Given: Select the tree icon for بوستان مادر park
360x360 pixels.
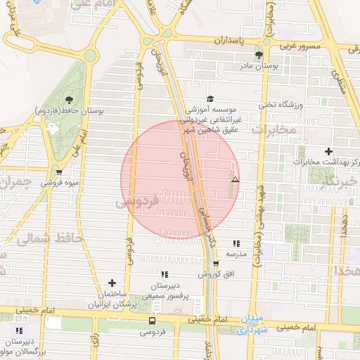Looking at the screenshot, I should coord(259,54).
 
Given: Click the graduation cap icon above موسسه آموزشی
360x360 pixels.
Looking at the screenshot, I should coord(210,99).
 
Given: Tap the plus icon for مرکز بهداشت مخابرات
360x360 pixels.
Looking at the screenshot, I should coord(328,151).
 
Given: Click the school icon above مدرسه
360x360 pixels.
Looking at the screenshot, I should coord(235,243).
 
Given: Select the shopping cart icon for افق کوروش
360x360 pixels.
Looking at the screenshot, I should coord(215,264).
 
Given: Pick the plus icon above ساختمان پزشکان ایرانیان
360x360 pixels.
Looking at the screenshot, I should coord(112,282).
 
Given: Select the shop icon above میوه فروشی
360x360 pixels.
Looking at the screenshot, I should coord(59,172).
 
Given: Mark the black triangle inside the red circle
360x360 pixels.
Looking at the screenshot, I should coord(235,180).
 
